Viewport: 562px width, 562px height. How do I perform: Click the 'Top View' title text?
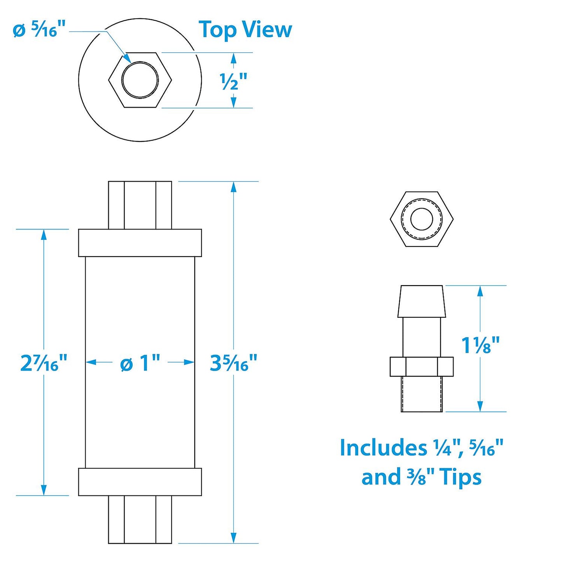(x=245, y=30)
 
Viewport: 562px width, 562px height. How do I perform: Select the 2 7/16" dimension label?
(x=44, y=362)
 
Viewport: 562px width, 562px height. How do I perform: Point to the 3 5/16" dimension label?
(x=233, y=362)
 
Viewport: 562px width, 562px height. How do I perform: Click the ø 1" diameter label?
(x=140, y=362)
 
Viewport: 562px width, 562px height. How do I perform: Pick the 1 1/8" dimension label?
(x=480, y=345)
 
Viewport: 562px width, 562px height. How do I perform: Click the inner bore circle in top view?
(x=140, y=80)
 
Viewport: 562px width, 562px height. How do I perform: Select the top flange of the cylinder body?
(x=140, y=243)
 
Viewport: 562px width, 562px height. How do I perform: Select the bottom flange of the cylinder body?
(x=140, y=481)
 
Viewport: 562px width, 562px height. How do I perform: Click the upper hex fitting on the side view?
(x=140, y=205)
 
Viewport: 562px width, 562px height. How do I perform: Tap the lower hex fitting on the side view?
(x=140, y=519)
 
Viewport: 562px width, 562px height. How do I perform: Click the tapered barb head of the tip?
(x=422, y=301)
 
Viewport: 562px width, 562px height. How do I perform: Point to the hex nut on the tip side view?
(x=422, y=366)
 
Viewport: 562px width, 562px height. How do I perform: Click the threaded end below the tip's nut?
(x=422, y=394)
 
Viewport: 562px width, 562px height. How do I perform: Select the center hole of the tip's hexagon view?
(x=422, y=219)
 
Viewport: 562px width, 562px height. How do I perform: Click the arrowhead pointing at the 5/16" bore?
(x=127, y=58)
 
